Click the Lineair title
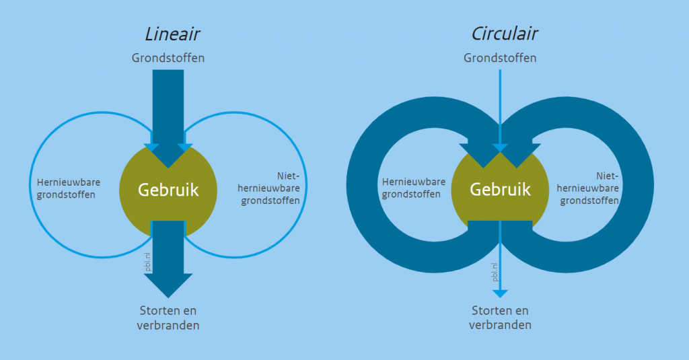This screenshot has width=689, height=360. pyautogui.click(x=172, y=34)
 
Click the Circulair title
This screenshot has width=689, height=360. pyautogui.click(x=505, y=34)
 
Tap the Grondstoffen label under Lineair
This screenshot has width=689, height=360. pyautogui.click(x=168, y=58)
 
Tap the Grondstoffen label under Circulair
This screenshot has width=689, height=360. pyautogui.click(x=500, y=58)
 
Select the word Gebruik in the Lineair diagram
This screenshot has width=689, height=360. pyautogui.click(x=168, y=190)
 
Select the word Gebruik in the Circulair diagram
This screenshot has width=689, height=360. pyautogui.click(x=500, y=190)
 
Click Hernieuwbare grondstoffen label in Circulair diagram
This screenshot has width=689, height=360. pyautogui.click(x=413, y=188)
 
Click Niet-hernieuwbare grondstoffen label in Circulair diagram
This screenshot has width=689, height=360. pyautogui.click(x=589, y=188)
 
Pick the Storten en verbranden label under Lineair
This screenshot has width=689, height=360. pyautogui.click(x=169, y=318)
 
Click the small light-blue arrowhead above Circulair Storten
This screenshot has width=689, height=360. pyautogui.click(x=500, y=292)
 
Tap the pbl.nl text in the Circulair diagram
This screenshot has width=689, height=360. pyautogui.click(x=495, y=271)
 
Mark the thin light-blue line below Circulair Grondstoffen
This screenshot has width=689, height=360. pyautogui.click(x=500, y=101)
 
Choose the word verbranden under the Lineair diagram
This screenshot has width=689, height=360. pyautogui.click(x=169, y=326)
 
